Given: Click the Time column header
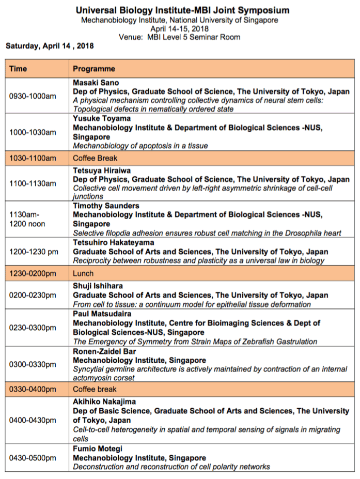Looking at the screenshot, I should click(18, 69).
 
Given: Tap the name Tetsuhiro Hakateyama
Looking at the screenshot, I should click(112, 243).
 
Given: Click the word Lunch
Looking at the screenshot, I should click(82, 273).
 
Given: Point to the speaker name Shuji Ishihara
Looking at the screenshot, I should click(97, 286).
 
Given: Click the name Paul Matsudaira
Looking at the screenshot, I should click(99, 314).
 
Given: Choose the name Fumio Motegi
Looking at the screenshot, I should click(95, 449).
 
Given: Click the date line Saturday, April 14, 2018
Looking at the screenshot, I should click(50, 46).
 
